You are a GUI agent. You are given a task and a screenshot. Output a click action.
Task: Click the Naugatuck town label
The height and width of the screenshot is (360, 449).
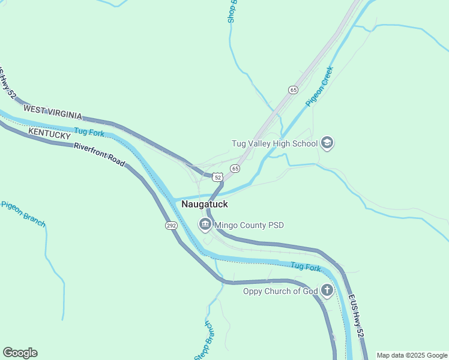click(204, 205)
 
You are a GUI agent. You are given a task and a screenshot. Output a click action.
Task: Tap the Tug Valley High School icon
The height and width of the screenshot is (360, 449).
click(327, 143)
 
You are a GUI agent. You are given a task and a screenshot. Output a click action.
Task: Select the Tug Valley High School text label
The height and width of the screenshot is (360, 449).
click(274, 143)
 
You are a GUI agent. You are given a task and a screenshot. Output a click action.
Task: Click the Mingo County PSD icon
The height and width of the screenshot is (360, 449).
click(205, 225)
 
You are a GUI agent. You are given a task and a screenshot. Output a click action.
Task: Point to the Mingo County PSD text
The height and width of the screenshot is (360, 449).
click(249, 226)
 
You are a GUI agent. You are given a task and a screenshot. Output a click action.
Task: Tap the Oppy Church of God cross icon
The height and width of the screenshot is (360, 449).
click(327, 292)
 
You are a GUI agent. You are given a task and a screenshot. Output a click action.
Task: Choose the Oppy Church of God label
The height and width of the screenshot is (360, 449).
click(280, 292)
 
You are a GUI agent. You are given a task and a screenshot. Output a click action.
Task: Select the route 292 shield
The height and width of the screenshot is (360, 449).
click(171, 226)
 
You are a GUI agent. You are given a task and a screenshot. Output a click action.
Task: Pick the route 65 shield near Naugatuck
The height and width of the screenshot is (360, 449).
click(235, 169)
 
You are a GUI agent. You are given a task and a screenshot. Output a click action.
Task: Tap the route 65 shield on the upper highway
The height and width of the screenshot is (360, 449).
click(293, 90)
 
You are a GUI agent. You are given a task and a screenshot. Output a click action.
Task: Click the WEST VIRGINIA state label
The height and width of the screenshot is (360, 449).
click(52, 111)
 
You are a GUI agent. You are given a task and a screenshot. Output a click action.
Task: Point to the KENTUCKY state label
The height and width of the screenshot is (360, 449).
click(49, 133)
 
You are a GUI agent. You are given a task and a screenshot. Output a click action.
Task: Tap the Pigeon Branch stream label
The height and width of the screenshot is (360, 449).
click(23, 212)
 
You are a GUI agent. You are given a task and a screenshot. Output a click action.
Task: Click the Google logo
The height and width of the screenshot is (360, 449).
click(20, 353)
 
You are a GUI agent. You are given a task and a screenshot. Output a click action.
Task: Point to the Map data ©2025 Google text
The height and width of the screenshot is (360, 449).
click(411, 355)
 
